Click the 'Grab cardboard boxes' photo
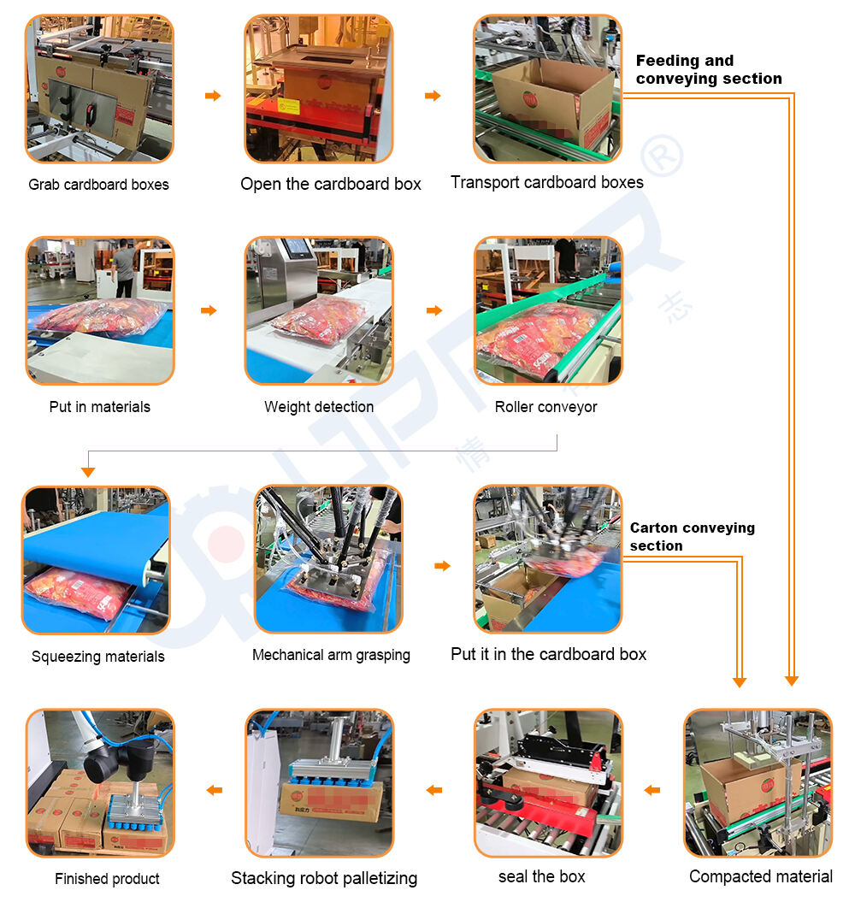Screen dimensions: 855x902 coord(99,89)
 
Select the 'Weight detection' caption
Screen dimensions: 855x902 coord(319,407)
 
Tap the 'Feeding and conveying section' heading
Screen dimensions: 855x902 coord(709,69)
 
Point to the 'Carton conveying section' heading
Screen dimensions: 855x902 coord(693,536)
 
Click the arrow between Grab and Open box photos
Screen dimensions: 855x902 coord(213,96)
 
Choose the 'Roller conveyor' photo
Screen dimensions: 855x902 coord(548,310)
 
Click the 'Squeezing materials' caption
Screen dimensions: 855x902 coord(97,657)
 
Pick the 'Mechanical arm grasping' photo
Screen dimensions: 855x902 coord(328,559)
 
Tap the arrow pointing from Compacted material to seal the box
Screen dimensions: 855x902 coord(652,790)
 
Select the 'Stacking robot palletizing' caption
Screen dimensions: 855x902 coord(324,878)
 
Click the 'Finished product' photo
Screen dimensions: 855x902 coord(100,783)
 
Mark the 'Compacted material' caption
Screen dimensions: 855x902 coord(761,876)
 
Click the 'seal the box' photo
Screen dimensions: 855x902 coord(548,783)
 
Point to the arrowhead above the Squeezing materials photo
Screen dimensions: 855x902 coord(88,472)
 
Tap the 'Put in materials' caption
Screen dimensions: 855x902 coord(99,407)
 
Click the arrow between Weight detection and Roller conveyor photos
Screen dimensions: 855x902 coord(434,310)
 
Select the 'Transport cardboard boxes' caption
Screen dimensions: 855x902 coord(547,182)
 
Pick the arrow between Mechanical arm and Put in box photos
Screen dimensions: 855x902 coord(442,565)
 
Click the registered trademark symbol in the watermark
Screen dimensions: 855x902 coord(663,156)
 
